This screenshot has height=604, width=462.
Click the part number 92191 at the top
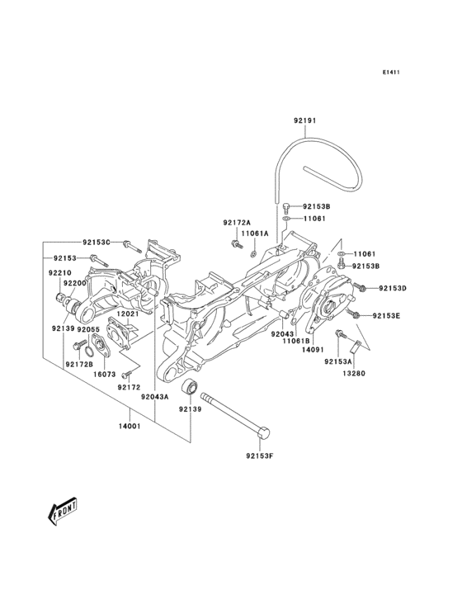coord(304,120)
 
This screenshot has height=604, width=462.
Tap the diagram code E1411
coord(391,73)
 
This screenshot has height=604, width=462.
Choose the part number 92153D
coord(393,287)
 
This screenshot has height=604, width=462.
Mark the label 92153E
coord(386,316)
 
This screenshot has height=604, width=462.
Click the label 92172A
coord(236,223)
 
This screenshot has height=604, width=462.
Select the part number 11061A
coord(256,234)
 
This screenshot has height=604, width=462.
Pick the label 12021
coord(126,314)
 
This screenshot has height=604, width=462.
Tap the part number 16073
coord(103,373)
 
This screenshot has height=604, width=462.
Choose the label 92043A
coord(154,397)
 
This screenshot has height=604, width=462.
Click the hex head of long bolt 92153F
coord(264,432)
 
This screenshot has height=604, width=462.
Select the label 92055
coord(88,329)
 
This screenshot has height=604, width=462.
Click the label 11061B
coord(295,341)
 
